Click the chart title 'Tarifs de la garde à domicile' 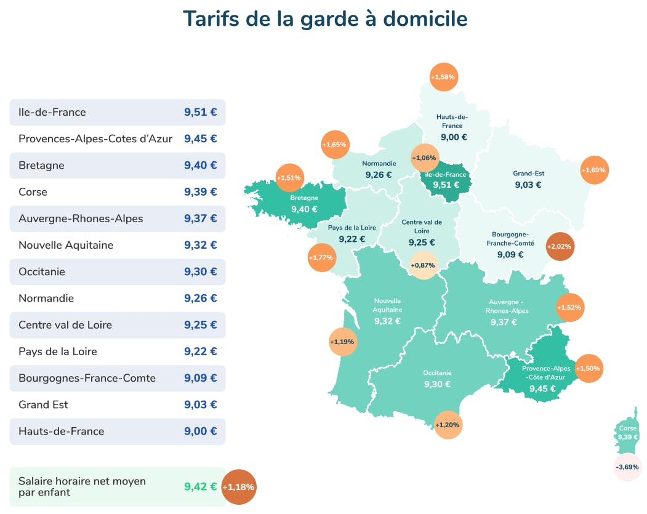[x=325, y=18]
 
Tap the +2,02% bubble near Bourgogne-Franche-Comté [x=559, y=246]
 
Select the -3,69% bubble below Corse [x=628, y=467]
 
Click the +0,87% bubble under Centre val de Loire [x=423, y=265]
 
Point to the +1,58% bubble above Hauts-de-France [x=443, y=77]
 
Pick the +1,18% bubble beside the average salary [x=238, y=487]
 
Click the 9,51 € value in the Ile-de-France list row [x=200, y=112]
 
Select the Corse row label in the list [x=33, y=192]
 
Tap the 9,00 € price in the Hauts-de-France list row [x=200, y=431]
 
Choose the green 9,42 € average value [x=200, y=486]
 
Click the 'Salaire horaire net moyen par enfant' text [x=82, y=486]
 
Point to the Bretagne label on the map [x=304, y=198]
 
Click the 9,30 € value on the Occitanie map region [x=437, y=384]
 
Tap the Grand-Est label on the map [x=528, y=174]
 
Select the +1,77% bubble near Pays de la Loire [x=321, y=257]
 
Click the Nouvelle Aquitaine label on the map [x=387, y=305]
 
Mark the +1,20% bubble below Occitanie [x=448, y=425]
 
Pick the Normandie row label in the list [x=46, y=299]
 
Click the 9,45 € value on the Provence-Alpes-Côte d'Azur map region [x=542, y=388]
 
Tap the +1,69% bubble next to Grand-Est [x=594, y=170]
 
